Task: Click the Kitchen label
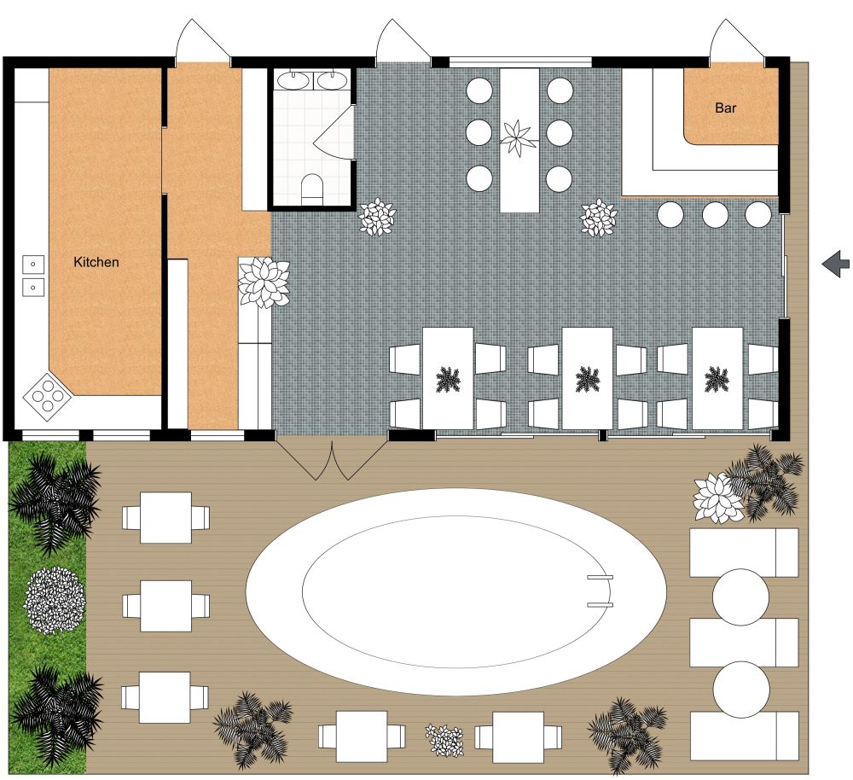point(96,262)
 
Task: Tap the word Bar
point(726,108)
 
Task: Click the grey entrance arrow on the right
point(836,265)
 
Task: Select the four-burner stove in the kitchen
point(43,393)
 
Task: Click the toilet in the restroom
point(313,187)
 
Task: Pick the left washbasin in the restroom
point(294,81)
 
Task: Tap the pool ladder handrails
point(600,591)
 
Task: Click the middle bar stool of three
point(715,214)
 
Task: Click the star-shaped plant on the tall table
point(517,137)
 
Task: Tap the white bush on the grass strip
point(55,600)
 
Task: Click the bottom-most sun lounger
point(745,736)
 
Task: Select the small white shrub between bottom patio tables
point(444,740)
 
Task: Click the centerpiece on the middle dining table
point(586,378)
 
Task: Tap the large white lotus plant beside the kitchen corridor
point(264,282)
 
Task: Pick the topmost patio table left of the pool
point(165,517)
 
